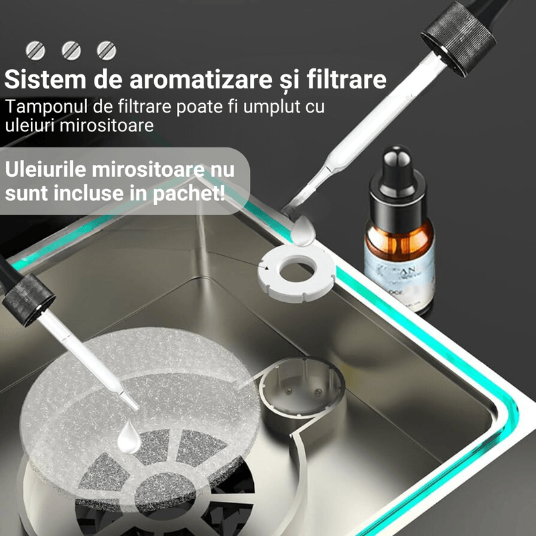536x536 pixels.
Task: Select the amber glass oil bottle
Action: [399, 241]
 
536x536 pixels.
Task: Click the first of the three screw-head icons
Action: [35, 49]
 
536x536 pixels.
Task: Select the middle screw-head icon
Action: [70, 49]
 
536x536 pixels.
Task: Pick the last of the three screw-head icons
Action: [106, 49]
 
